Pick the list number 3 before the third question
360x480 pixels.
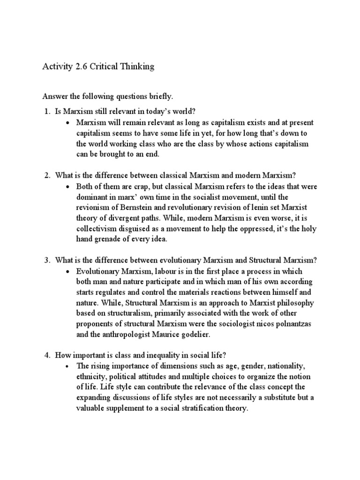pos(46,260)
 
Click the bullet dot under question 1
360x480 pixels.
pos(68,122)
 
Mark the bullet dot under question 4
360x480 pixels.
pos(68,365)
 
